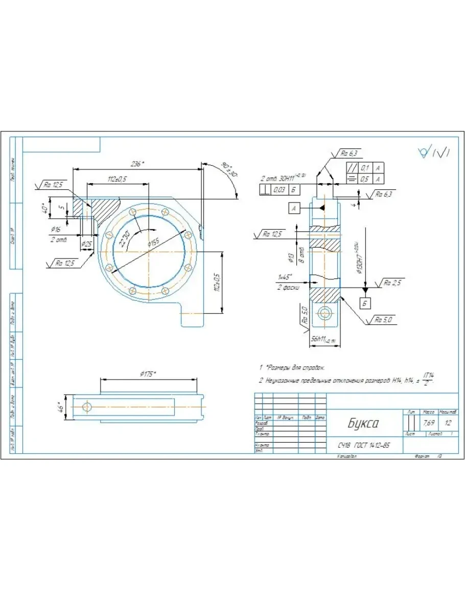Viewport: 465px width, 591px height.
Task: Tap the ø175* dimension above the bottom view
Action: [148, 374]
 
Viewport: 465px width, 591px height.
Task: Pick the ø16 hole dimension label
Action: [56, 229]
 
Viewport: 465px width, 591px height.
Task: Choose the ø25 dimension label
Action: [87, 244]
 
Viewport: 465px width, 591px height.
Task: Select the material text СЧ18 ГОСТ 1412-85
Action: [364, 445]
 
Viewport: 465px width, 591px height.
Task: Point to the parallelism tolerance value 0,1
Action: [364, 168]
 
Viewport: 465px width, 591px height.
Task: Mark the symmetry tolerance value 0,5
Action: [364, 179]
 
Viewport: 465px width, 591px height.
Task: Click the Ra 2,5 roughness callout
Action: [393, 282]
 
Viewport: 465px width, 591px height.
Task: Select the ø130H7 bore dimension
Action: [359, 256]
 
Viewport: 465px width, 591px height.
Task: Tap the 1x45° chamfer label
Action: [286, 277]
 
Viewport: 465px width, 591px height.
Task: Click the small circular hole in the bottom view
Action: [87, 407]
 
